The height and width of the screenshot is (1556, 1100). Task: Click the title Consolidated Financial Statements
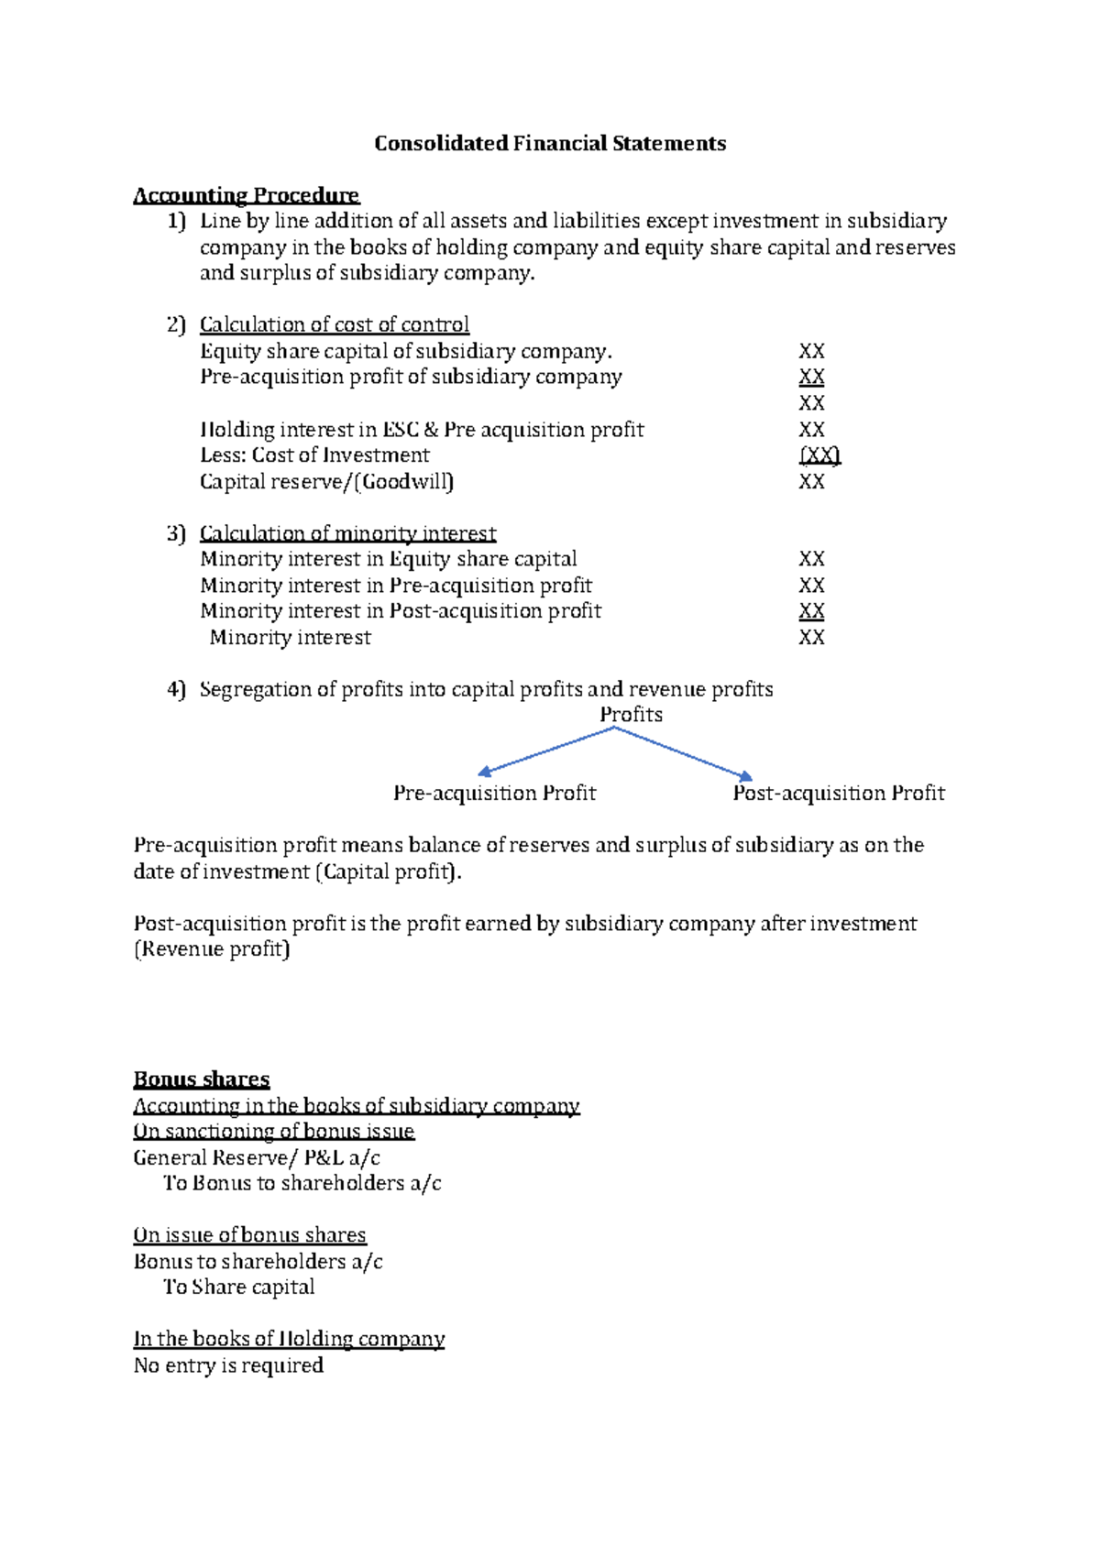(549, 144)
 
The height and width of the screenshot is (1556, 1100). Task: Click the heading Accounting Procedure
(246, 195)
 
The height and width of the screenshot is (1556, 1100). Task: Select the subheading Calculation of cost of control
(334, 324)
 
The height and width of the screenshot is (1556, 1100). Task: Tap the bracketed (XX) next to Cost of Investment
(819, 455)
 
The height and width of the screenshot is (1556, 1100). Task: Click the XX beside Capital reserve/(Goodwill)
(811, 482)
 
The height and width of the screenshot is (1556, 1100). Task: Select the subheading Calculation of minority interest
(347, 533)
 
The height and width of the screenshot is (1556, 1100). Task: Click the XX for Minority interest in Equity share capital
(811, 559)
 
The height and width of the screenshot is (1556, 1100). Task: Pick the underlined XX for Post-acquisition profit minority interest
(811, 611)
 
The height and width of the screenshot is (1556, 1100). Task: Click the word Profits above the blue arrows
(631, 715)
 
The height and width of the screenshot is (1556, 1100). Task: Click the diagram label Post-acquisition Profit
(838, 794)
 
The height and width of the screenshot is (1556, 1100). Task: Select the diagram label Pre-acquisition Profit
(494, 794)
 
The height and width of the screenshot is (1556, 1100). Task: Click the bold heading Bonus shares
(202, 1079)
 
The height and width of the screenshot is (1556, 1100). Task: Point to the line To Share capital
(238, 1288)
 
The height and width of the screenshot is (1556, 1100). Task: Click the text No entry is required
(228, 1365)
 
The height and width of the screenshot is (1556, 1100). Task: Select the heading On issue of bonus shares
(249, 1235)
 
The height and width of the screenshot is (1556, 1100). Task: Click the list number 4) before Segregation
(176, 689)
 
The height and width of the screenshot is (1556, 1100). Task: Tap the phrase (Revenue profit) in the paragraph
(212, 949)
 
